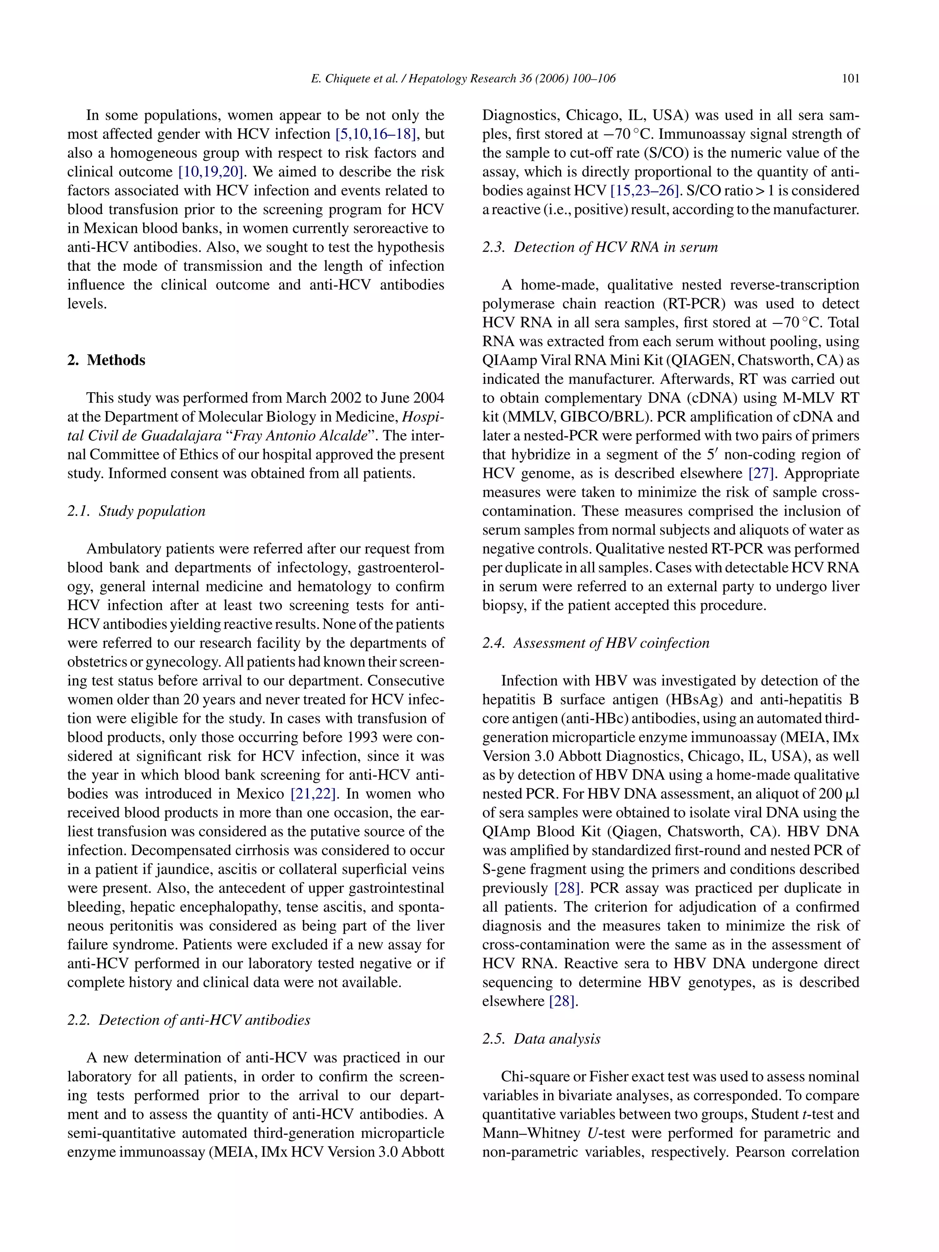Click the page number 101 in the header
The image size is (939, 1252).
tap(850, 79)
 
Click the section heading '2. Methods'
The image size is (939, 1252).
tap(106, 360)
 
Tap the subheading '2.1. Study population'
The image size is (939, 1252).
tap(136, 511)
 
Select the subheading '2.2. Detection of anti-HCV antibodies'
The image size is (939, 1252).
tap(188, 1020)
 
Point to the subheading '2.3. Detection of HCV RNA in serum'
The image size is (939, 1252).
tap(600, 247)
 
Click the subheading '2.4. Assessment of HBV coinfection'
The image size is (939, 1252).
tap(596, 643)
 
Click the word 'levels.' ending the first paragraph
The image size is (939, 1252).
tap(87, 304)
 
